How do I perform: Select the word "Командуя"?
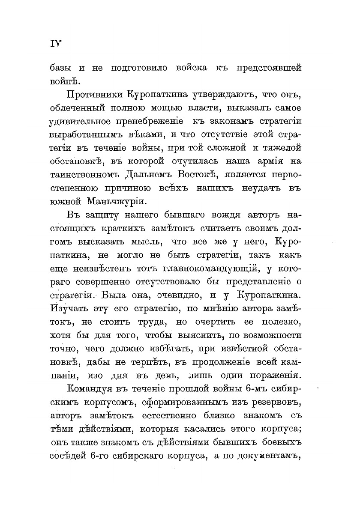tap(89, 389)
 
